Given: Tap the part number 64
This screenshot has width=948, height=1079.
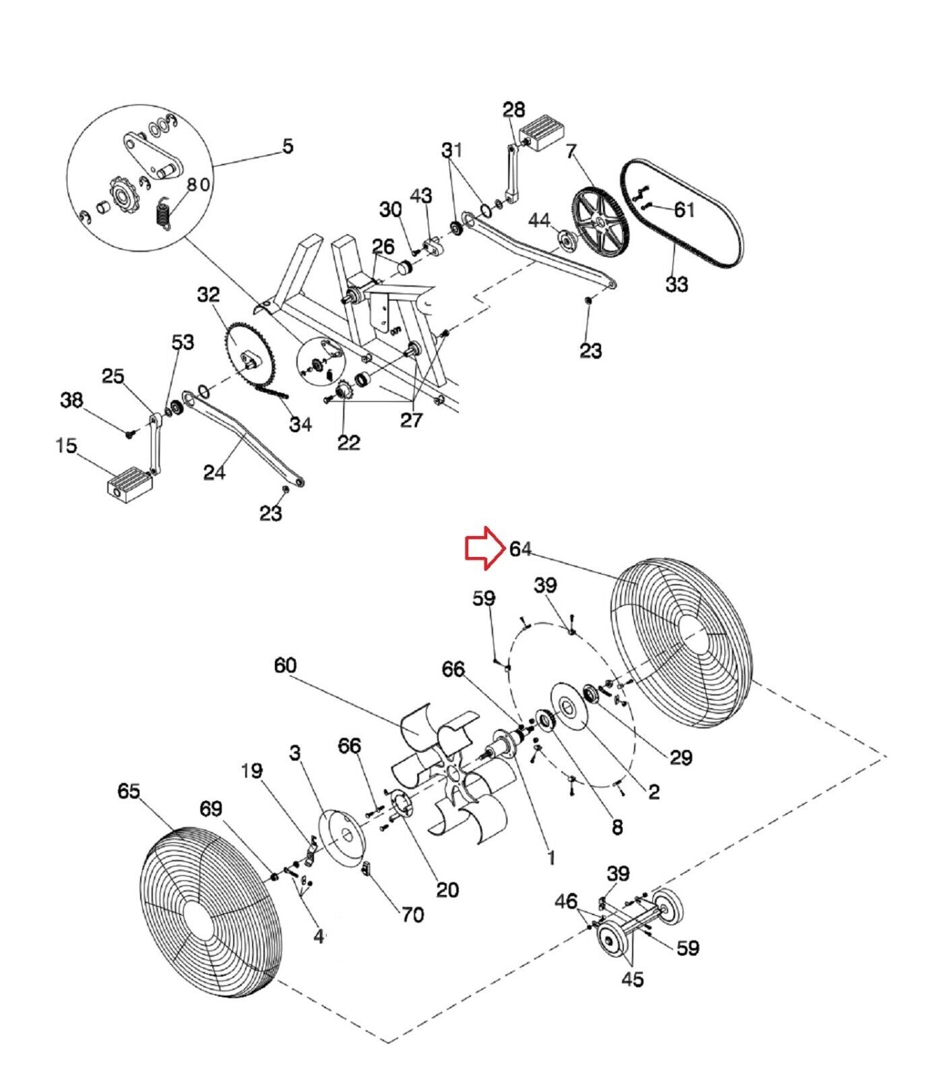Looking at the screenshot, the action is coord(521,549).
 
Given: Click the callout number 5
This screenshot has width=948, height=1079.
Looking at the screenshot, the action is coord(288,146).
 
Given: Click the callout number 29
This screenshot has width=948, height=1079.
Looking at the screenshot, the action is coord(680,757).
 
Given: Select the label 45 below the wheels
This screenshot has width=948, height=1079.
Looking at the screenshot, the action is coord(631,979).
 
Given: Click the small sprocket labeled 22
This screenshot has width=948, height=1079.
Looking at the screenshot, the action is coord(340,389).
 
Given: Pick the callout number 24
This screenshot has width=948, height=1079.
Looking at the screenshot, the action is coord(214,473).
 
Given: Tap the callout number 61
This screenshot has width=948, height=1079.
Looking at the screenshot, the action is coord(684,210).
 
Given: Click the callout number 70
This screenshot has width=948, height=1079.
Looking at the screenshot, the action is coord(412,914).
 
